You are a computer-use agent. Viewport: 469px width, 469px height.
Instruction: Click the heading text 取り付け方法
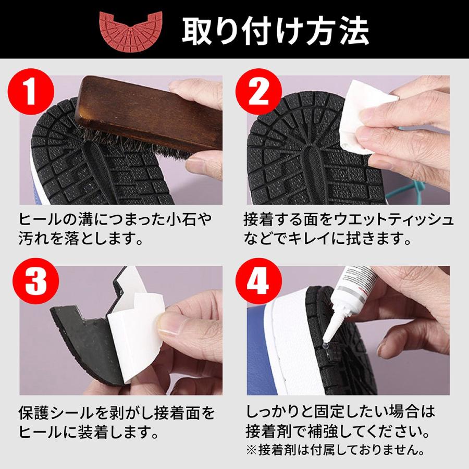click(x=275, y=31)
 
